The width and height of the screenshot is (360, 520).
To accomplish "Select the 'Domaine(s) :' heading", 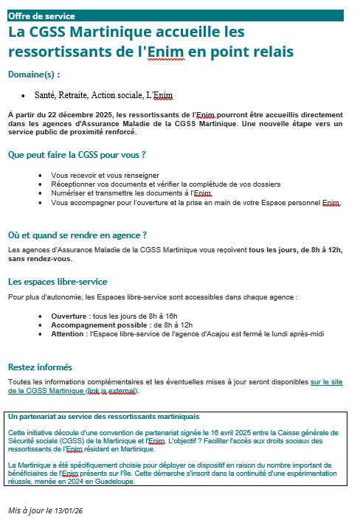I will [34, 74].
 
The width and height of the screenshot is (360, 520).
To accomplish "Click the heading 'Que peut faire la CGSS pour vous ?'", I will [76, 155].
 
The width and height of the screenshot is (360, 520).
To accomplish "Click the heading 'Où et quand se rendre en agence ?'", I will [77, 235].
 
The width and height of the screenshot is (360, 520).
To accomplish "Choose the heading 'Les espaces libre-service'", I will [58, 282].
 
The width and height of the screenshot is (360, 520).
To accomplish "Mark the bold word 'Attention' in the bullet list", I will [67, 333].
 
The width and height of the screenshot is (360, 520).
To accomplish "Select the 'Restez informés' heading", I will [40, 367].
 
